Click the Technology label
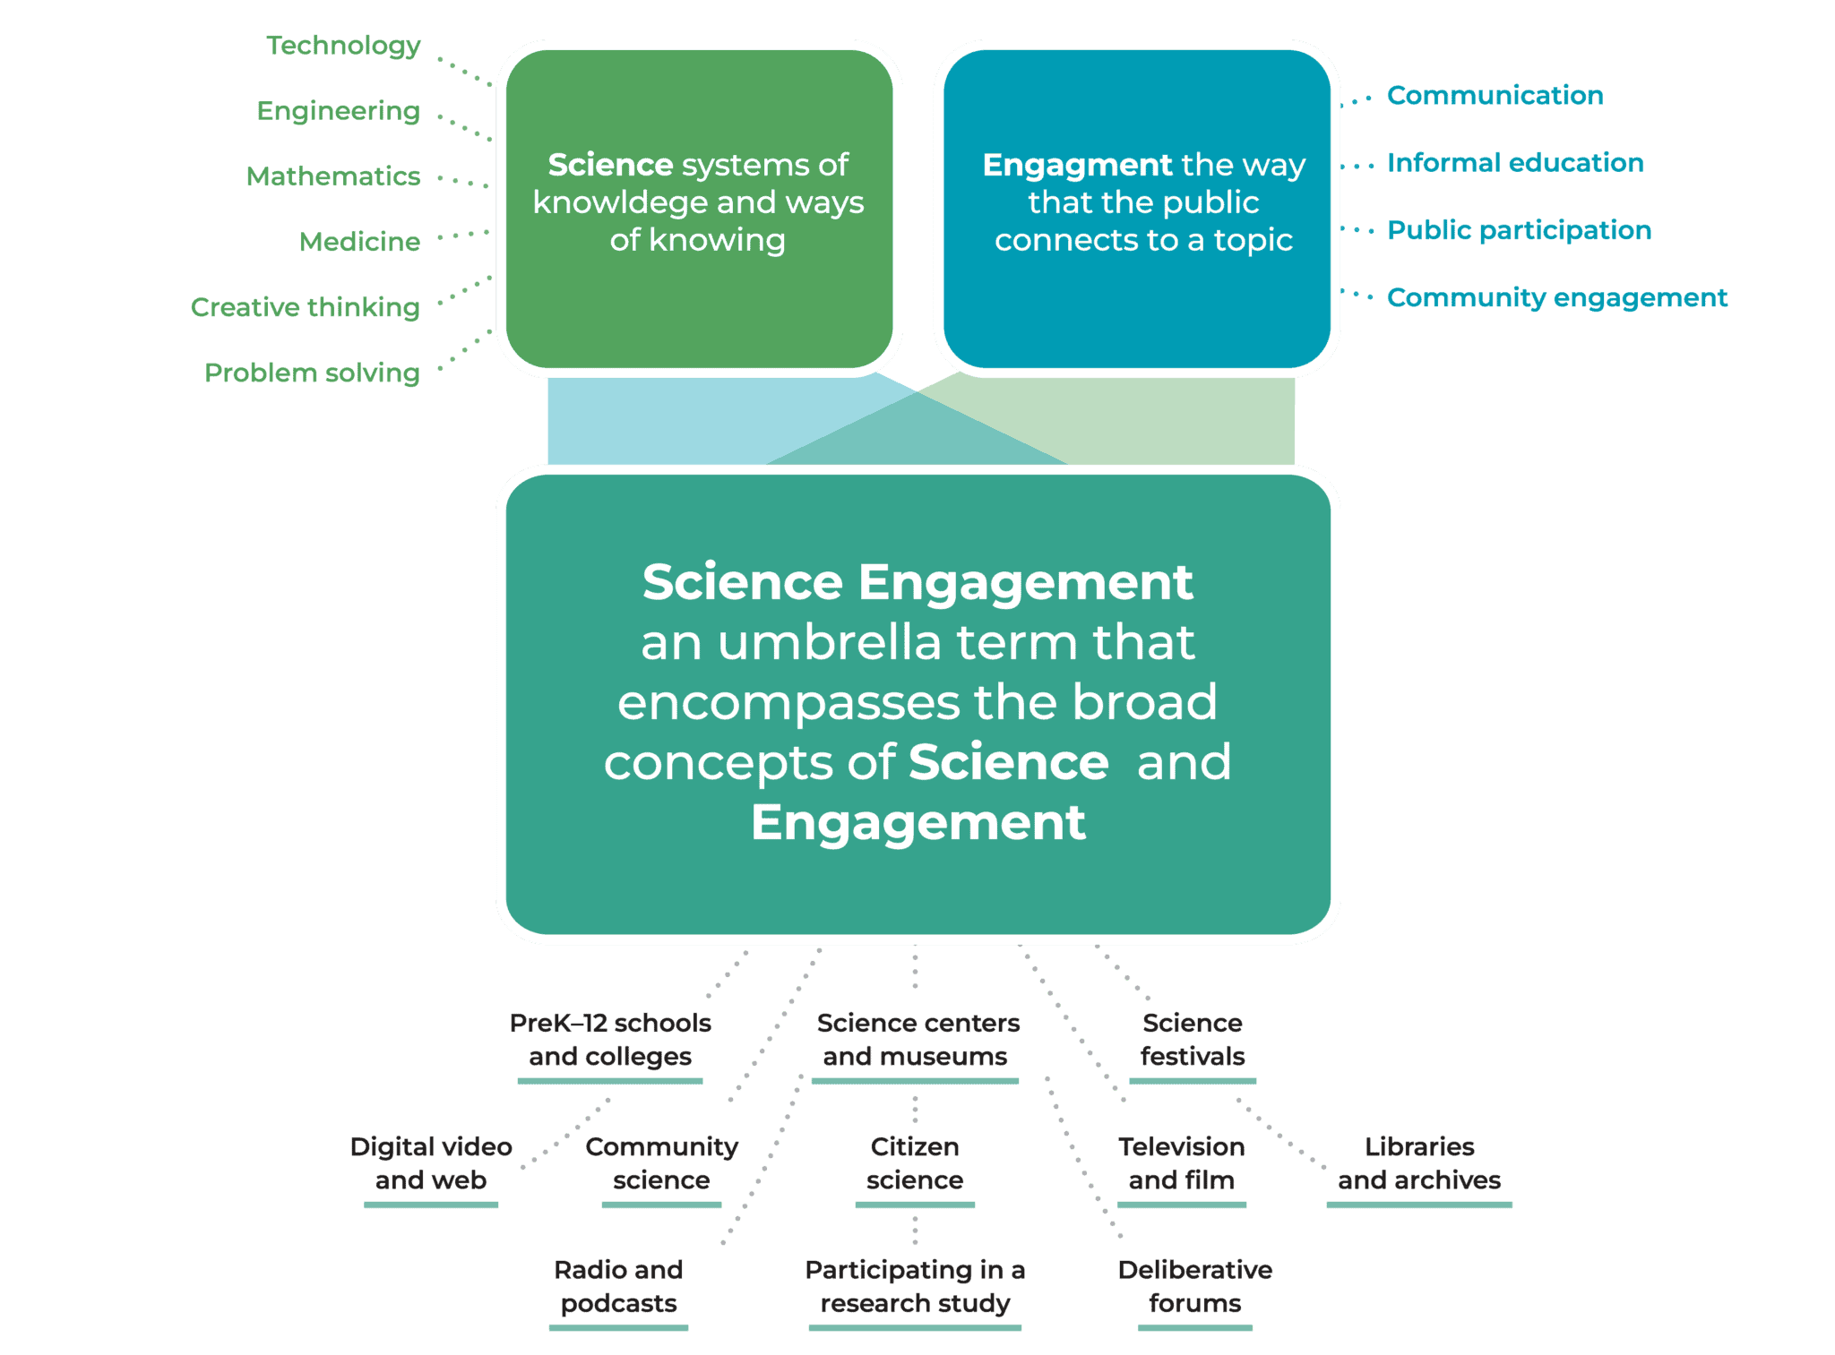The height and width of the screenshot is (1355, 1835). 343,46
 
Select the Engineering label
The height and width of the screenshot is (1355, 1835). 338,111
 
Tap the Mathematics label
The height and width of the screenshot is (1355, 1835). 333,176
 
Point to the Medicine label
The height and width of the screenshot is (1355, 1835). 359,242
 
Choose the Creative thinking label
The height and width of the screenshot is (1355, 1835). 305,307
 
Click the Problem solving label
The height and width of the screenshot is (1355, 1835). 312,373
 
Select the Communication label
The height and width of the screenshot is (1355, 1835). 1495,96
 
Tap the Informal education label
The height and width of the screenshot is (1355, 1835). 1515,163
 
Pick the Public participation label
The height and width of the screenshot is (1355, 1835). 1519,230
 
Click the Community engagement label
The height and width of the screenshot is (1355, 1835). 1557,297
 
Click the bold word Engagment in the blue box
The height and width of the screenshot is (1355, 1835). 1077,165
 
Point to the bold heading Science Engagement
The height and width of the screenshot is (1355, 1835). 917,582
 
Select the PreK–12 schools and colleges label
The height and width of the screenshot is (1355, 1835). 610,1040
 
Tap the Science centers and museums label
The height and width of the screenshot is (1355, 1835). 917,1040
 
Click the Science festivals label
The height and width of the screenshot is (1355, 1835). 1193,1040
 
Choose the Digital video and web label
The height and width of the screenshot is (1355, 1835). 431,1163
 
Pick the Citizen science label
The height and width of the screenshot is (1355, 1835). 915,1163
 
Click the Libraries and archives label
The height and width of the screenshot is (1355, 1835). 1419,1163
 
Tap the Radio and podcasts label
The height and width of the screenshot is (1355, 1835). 618,1287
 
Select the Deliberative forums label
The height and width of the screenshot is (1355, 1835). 1195,1287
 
